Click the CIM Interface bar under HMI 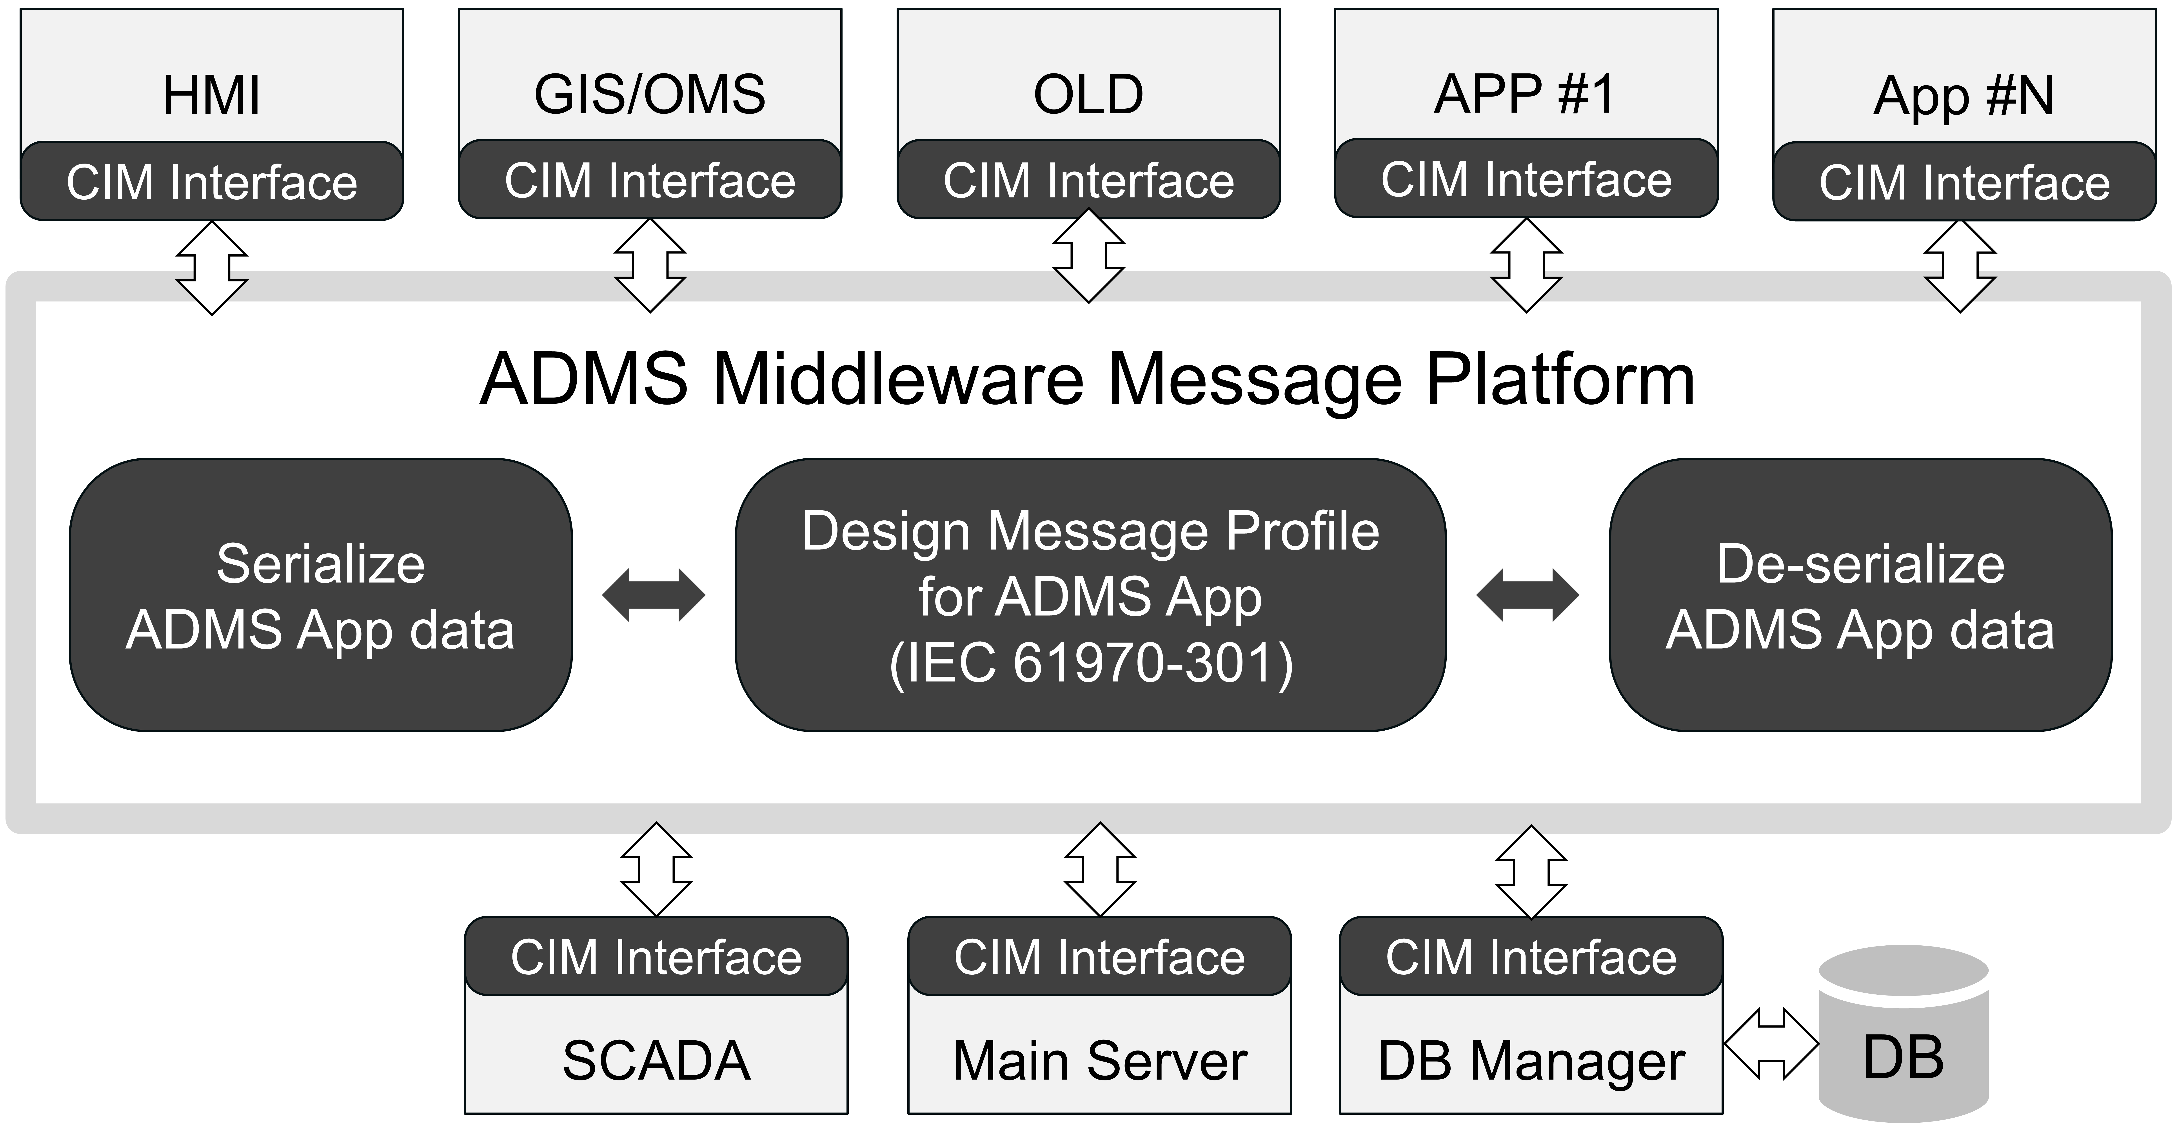click(x=212, y=181)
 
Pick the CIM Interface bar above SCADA click(x=656, y=956)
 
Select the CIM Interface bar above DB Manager click(x=1531, y=956)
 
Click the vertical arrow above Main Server click(x=1100, y=870)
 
